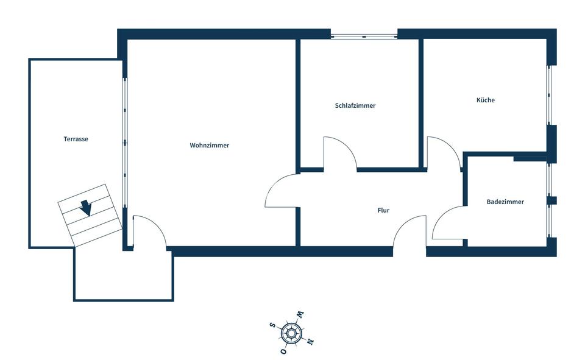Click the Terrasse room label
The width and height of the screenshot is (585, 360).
pos(76,139)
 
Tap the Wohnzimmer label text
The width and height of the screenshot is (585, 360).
pos(209,146)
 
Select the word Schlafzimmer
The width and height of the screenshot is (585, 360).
pos(355,105)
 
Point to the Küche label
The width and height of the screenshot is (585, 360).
pos(486,100)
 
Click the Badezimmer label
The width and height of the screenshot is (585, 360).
pos(505,202)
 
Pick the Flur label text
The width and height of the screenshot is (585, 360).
pos(383,211)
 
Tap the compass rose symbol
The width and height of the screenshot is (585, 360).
pos(291,333)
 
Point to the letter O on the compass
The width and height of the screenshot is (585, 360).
pos(283,351)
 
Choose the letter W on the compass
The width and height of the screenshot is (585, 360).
pos(300,315)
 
